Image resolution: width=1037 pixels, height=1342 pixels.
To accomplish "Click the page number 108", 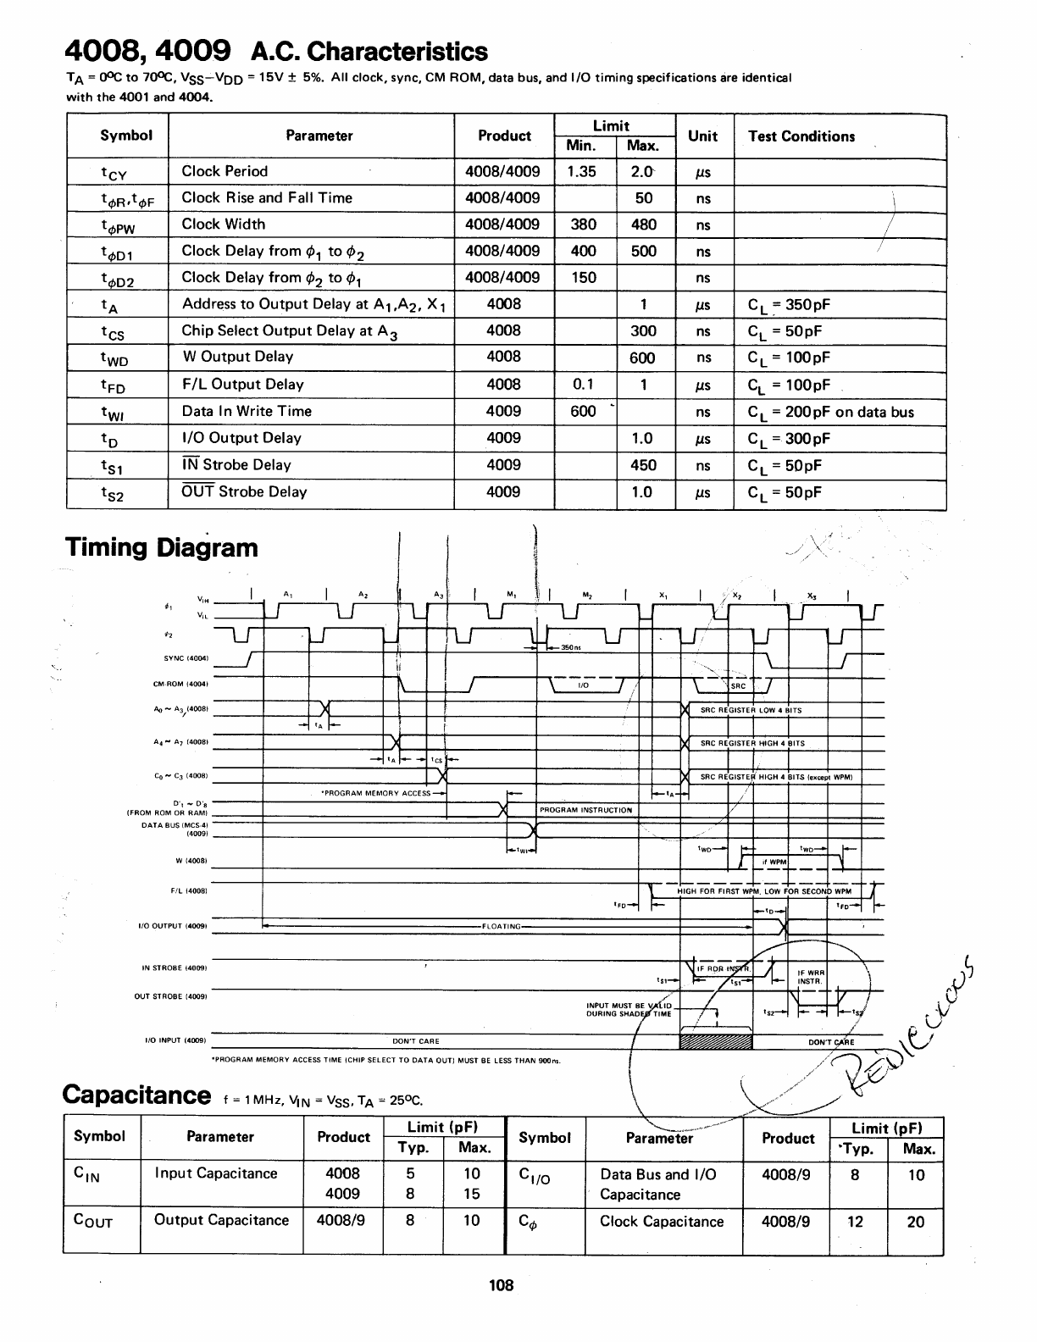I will pos(502,1285).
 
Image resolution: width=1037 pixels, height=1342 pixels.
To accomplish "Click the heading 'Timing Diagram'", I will pos(161,547).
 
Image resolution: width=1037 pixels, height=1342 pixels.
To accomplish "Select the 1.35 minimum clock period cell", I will pos(581,171).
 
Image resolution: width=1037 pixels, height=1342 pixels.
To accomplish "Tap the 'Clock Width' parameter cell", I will pos(224,225).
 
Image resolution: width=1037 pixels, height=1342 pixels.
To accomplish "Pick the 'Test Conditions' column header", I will pos(801,136).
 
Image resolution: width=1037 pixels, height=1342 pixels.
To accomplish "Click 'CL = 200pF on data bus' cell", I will pos(831,413).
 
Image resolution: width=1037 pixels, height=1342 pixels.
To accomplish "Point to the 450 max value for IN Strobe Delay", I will pos(643,465).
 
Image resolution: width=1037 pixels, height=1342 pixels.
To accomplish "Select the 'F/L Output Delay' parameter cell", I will pos(243,385).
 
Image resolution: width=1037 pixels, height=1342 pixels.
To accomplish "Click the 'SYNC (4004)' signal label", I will pos(186,658).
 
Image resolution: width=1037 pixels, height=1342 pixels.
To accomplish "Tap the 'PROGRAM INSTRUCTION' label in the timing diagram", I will pos(585,810).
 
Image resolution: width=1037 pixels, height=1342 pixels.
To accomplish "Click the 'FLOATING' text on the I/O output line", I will pos(502,926).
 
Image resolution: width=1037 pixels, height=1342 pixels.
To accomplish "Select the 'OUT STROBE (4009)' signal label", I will pos(171,996).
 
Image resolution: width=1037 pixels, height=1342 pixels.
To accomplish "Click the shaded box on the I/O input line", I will pos(715,1040).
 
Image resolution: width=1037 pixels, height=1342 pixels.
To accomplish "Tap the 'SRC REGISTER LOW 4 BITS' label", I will pos(751,710).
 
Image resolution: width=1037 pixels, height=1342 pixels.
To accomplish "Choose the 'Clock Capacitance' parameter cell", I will pos(662,1222).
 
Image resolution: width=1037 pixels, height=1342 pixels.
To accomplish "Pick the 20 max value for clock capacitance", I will pos(915,1222).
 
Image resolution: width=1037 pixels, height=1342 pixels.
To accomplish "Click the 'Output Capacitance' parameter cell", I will pos(221,1220).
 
